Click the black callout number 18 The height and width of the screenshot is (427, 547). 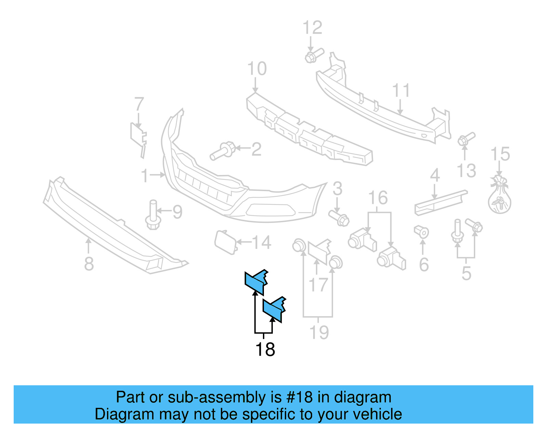coord(265,349)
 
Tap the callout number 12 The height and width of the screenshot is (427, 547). coord(312,28)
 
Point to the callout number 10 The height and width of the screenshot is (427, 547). coord(257,69)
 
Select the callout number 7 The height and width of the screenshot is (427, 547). coord(139,104)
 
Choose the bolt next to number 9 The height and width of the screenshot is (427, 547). coord(153,215)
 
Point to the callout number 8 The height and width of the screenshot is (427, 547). coord(89,264)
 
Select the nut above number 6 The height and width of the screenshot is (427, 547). coord(422,232)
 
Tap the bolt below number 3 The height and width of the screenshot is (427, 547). coord(339,218)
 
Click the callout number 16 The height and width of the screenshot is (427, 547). coord(378,198)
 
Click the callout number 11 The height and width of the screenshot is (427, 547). coord(401,91)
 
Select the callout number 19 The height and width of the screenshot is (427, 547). coord(319,332)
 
